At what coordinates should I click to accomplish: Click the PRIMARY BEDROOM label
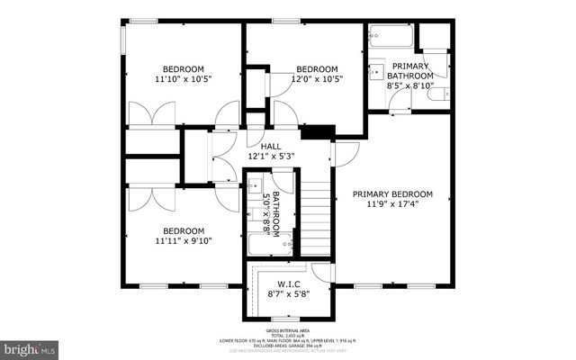pos(391,194)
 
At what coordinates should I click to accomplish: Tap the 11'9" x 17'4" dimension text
pos(391,205)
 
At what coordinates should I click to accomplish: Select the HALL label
pos(271,146)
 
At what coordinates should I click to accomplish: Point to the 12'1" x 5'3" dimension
pos(271,157)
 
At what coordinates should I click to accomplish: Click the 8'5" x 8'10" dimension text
pos(409,86)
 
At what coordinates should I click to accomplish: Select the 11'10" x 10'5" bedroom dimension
pos(183,80)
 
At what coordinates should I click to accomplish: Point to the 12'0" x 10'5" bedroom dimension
pos(317,80)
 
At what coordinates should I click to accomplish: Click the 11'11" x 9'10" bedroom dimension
pos(183,241)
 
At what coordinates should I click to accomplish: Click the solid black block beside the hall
pos(315,133)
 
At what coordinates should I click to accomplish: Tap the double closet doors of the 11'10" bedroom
pos(149,115)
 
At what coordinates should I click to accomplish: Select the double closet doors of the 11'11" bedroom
pos(149,198)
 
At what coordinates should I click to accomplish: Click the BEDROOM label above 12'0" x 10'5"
pos(317,69)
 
